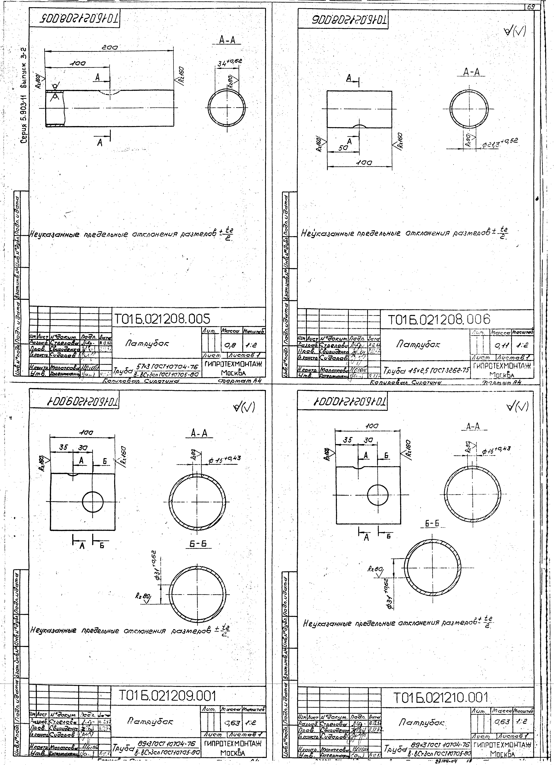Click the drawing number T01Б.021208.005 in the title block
161,319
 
